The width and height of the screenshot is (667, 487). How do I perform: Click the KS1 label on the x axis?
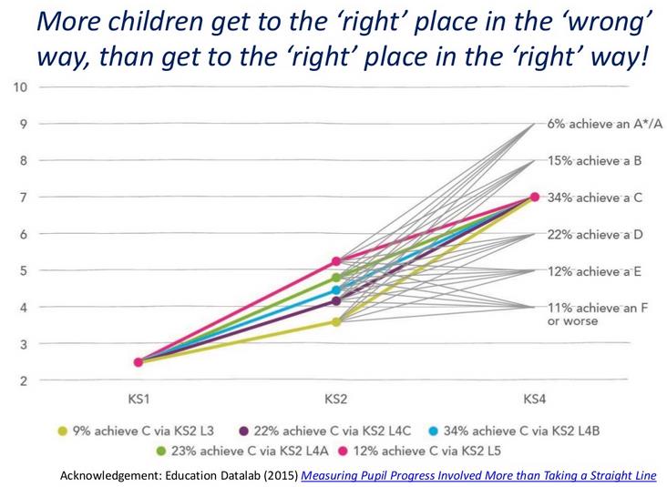coord(138,400)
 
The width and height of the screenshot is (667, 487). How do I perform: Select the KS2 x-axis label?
coord(336,400)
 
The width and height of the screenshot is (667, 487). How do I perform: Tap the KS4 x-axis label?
coord(534,400)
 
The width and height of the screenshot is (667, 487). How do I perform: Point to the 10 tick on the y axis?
coord(20,87)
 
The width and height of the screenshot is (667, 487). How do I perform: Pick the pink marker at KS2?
coord(336,261)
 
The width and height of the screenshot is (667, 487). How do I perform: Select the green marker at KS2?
coord(336,278)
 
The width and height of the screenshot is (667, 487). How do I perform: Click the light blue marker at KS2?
coord(336,290)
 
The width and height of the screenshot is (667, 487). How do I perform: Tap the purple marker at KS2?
coord(336,301)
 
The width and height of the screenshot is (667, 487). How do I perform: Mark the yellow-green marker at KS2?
coord(336,321)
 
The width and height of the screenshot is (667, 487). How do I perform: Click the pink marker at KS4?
coord(535,197)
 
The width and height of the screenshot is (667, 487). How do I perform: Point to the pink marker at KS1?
coord(139,362)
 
